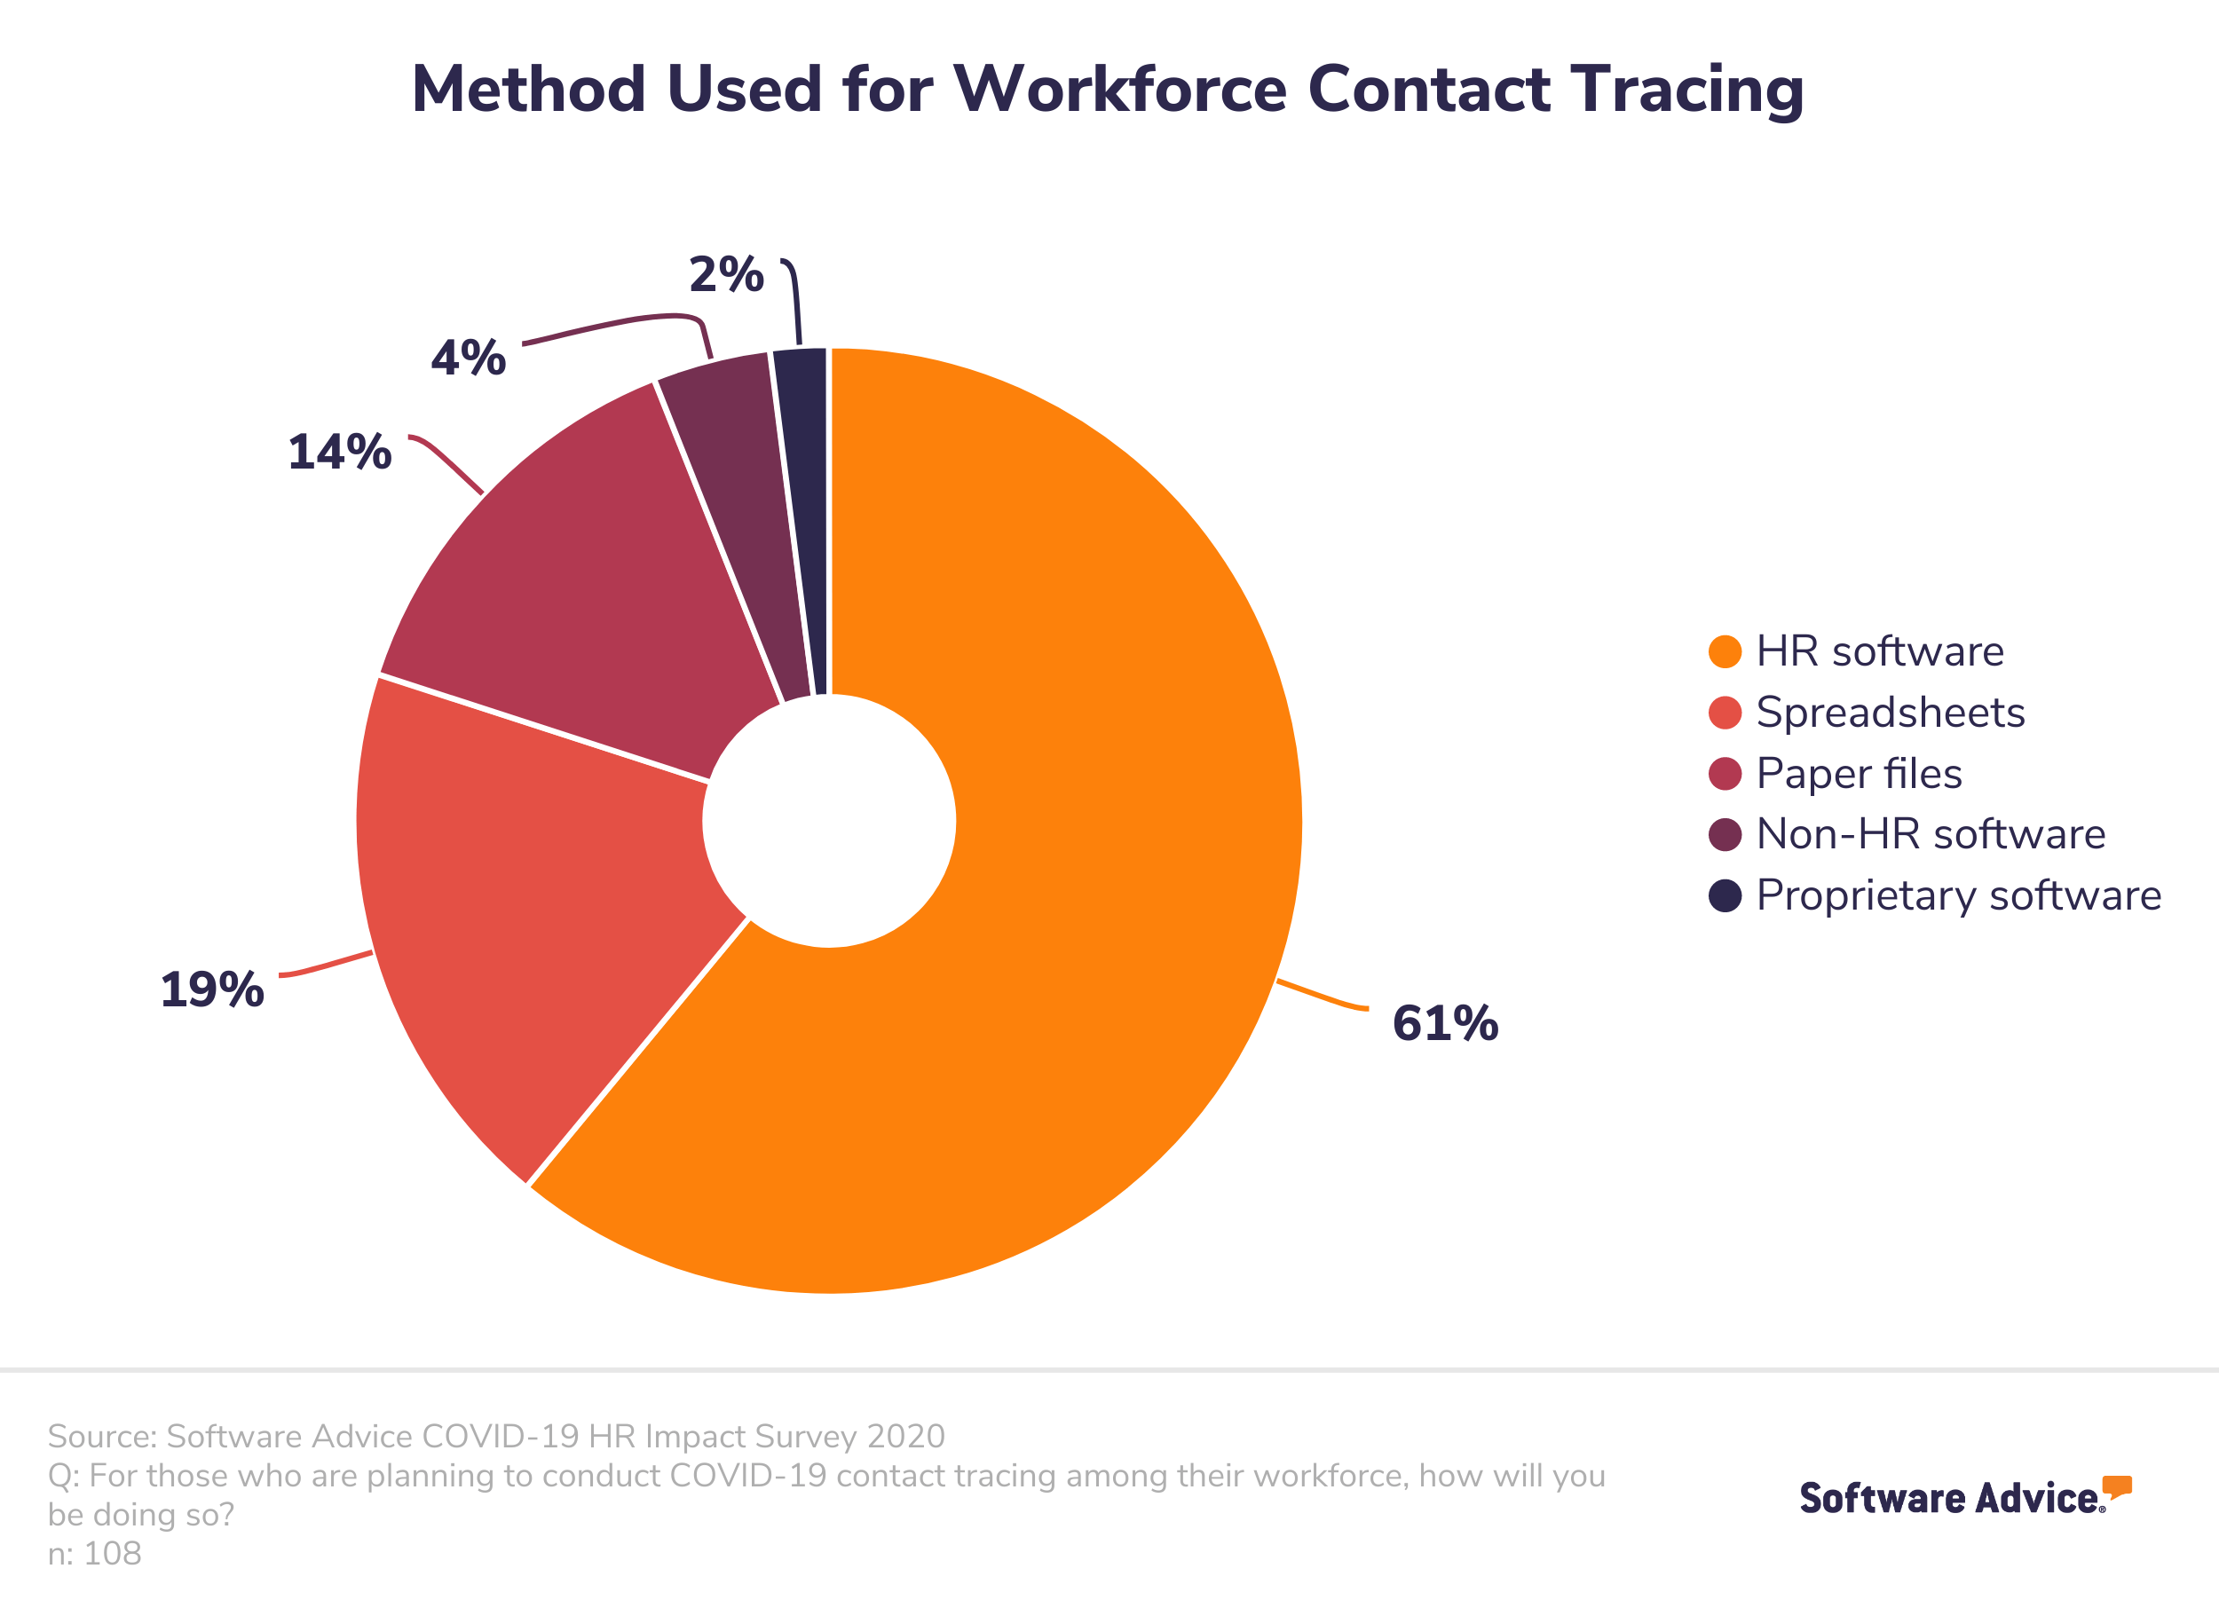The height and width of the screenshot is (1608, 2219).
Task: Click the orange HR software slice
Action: [x=1077, y=880]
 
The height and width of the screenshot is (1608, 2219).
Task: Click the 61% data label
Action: [x=1444, y=1024]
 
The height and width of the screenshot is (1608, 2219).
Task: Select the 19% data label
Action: [x=211, y=989]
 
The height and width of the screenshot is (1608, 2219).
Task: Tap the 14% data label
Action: [x=339, y=453]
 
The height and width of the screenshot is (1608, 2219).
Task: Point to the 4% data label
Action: [x=469, y=358]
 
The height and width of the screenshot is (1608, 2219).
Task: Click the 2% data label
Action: [x=726, y=275]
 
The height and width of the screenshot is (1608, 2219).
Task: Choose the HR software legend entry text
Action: [x=1880, y=651]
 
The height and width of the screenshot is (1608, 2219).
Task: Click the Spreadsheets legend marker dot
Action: [x=1725, y=713]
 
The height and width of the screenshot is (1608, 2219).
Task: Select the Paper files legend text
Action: [x=1859, y=774]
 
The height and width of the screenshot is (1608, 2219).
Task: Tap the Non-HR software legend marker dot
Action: [x=1725, y=834]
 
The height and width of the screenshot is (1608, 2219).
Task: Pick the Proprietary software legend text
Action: [x=1959, y=896]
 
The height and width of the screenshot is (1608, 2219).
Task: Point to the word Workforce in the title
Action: [x=1120, y=90]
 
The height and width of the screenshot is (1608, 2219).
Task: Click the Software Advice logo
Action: [x=1964, y=1496]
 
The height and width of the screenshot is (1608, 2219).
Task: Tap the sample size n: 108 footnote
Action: [x=95, y=1553]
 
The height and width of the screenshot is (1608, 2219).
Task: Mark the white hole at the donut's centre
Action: [x=829, y=822]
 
